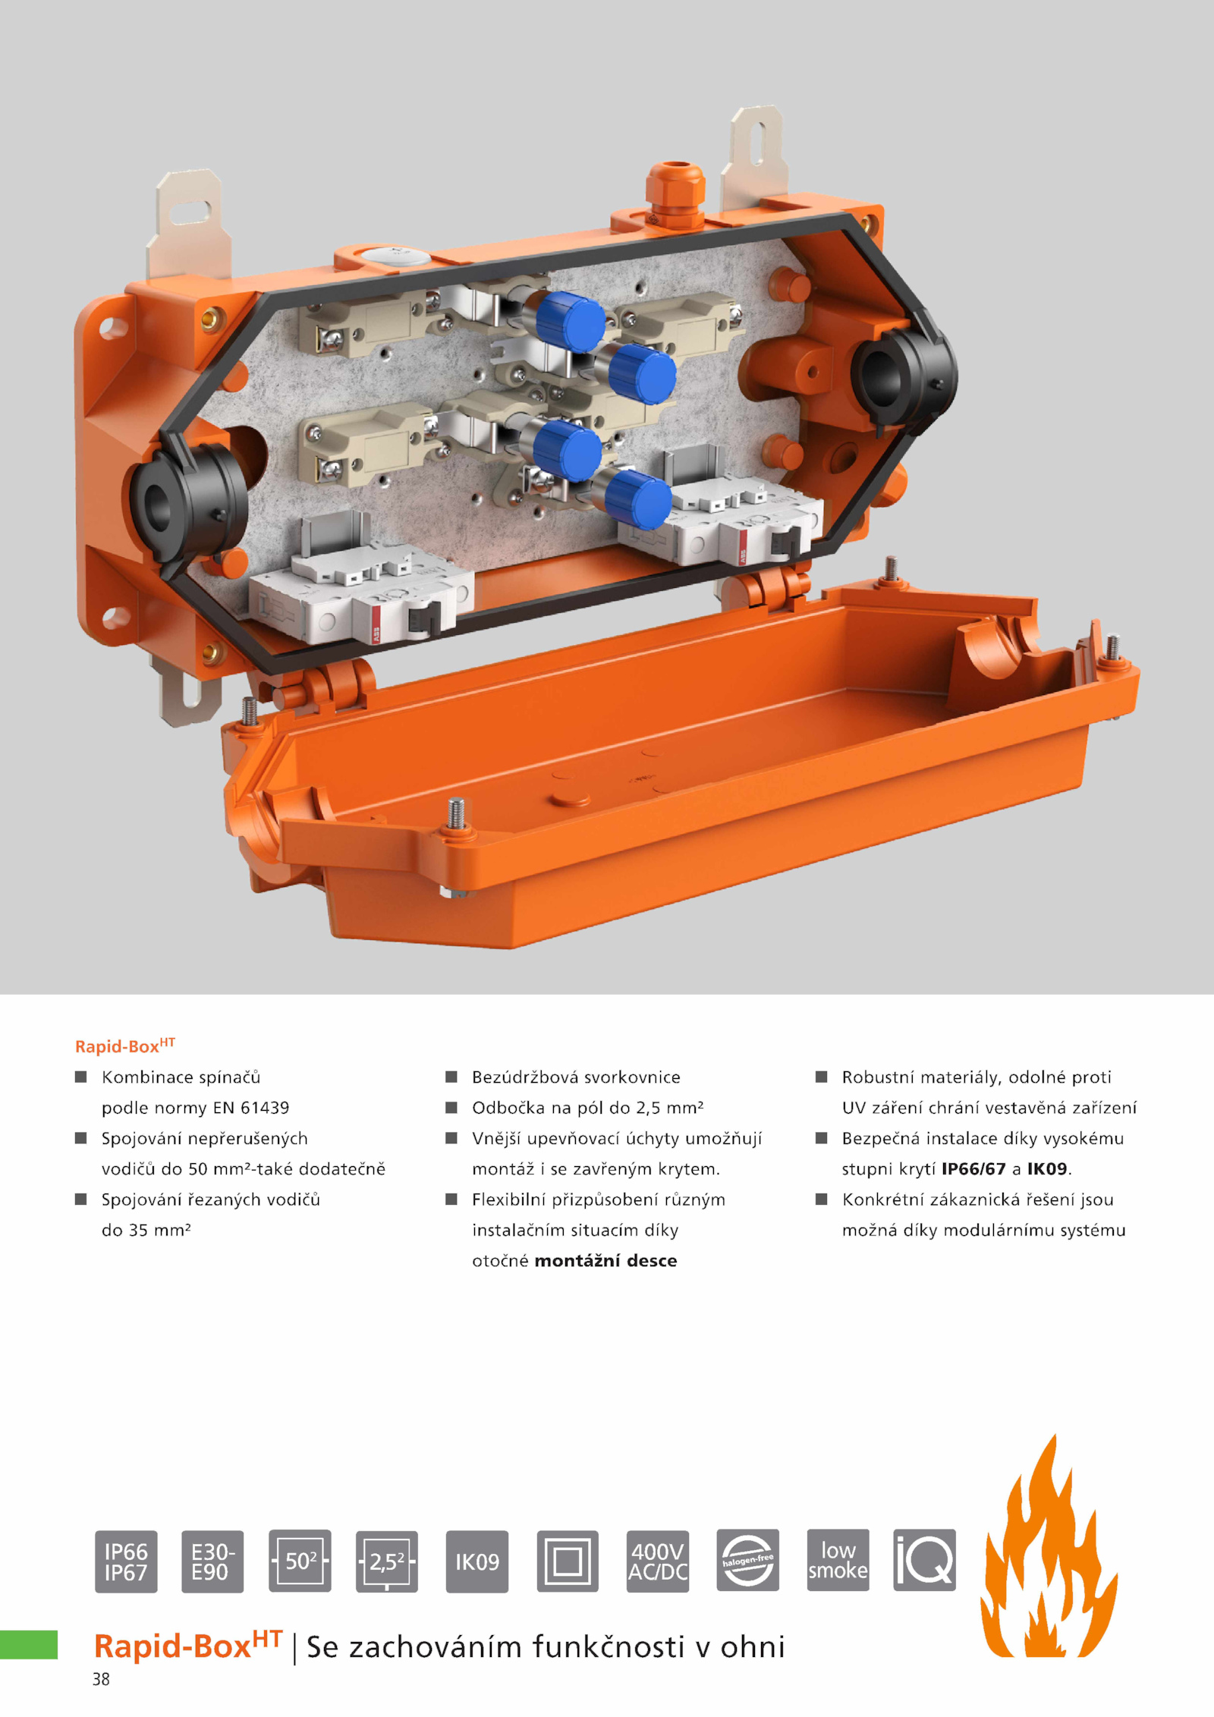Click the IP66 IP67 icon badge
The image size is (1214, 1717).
tap(126, 1561)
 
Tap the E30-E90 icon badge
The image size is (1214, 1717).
tap(212, 1561)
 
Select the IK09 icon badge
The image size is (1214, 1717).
tap(477, 1561)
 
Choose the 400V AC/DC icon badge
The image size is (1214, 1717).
tap(658, 1561)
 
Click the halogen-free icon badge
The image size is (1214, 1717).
tap(748, 1561)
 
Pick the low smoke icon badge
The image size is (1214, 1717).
tap(838, 1561)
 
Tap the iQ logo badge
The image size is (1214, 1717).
tap(925, 1561)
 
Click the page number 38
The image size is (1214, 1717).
tap(101, 1680)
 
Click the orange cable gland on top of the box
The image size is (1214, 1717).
tap(675, 193)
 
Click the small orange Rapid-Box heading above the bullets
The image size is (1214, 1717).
tap(125, 1046)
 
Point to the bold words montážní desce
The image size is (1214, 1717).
tap(605, 1261)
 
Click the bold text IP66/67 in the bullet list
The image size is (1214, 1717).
tap(973, 1169)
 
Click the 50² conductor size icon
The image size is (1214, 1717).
tap(300, 1561)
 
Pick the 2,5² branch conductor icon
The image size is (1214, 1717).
tap(387, 1561)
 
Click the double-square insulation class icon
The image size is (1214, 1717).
tap(568, 1561)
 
